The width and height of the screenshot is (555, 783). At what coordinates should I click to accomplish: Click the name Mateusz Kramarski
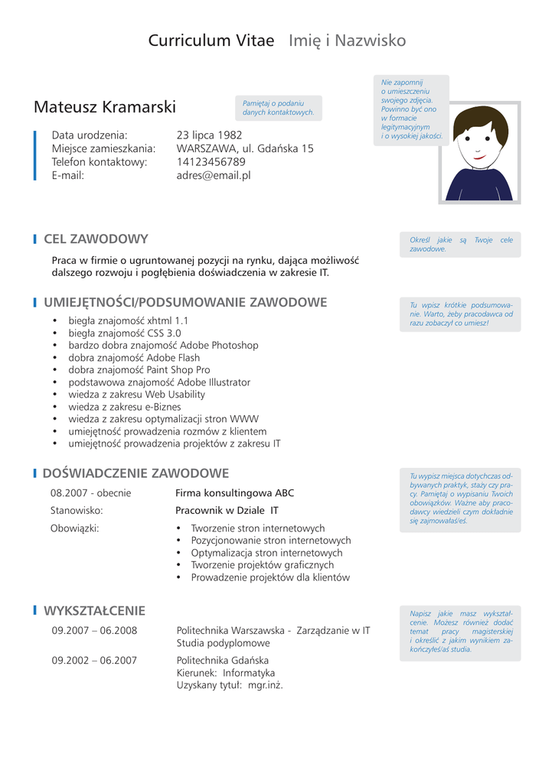point(105,106)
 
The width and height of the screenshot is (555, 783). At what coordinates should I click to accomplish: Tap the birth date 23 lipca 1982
point(209,135)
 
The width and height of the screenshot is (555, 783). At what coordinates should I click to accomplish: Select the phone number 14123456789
point(211,162)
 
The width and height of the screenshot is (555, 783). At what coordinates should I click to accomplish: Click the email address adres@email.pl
point(214,175)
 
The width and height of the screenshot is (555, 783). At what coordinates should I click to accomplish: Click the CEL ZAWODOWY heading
point(96,239)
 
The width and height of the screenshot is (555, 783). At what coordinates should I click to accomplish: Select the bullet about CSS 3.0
point(125,333)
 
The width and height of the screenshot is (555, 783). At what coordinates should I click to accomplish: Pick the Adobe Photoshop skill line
point(163,346)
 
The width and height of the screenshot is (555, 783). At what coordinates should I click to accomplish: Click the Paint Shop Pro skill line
point(139,370)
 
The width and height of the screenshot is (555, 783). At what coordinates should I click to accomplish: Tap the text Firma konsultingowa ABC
point(234,493)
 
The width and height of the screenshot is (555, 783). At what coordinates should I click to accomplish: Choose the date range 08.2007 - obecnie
point(90,493)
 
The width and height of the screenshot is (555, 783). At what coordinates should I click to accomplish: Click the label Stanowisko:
point(77,510)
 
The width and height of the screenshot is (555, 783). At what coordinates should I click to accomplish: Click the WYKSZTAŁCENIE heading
point(94,610)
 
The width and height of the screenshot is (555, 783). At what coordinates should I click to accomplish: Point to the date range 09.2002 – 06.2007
point(94,660)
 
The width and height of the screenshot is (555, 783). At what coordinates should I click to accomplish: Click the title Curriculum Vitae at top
point(211,41)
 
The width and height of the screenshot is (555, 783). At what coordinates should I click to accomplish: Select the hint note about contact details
point(278,108)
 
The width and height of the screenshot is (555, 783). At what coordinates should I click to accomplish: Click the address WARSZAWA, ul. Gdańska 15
point(245,149)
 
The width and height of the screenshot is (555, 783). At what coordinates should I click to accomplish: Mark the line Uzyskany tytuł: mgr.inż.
point(230,685)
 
